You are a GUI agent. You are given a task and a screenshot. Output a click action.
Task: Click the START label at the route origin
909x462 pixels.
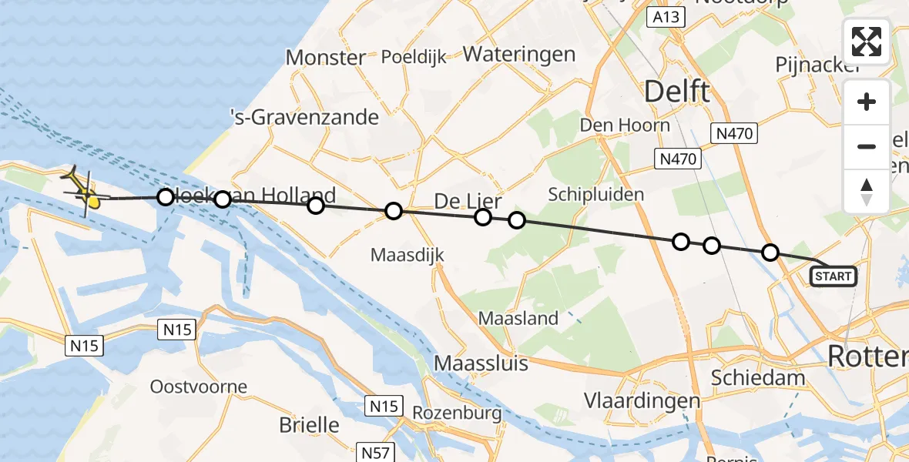point(833,276)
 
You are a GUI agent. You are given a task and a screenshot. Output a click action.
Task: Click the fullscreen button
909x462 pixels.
point(867,42)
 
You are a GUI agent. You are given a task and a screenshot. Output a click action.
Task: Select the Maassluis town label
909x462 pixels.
point(481,363)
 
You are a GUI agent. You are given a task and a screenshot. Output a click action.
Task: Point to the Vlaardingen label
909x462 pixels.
point(642,401)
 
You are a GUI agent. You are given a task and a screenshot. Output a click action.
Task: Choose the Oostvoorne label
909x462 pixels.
point(199,387)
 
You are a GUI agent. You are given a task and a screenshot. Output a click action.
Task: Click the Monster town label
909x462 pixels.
point(325,58)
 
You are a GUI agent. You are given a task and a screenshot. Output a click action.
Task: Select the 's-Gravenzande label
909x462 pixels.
point(305,118)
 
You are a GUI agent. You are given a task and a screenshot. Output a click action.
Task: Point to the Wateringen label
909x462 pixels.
point(518,55)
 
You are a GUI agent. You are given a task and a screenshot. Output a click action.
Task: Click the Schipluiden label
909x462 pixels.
point(595,194)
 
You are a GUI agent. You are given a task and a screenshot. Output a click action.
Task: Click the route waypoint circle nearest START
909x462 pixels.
point(770,252)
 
